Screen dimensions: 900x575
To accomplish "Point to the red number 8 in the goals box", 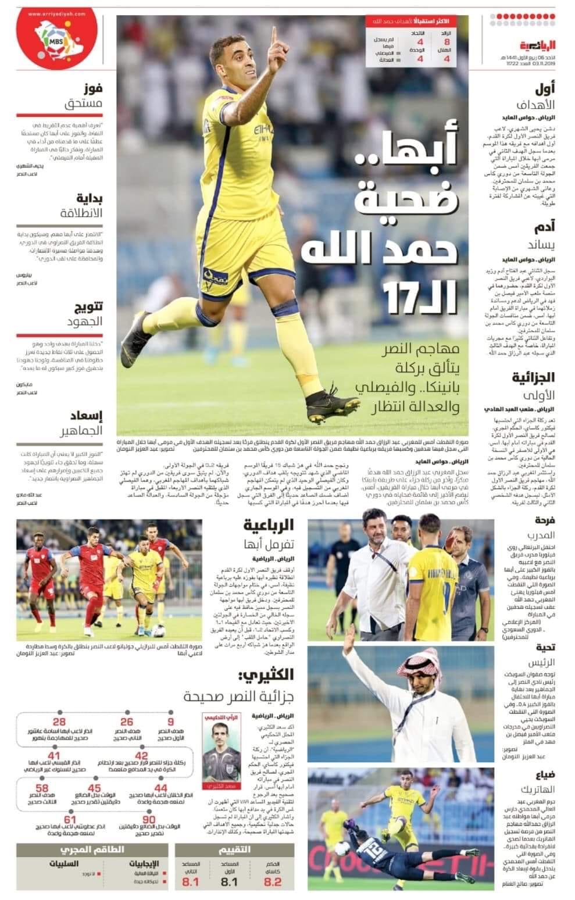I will point(447,42).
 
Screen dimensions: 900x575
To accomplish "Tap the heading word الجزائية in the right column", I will point(533,378).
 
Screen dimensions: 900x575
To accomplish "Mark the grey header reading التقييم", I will point(235,849).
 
